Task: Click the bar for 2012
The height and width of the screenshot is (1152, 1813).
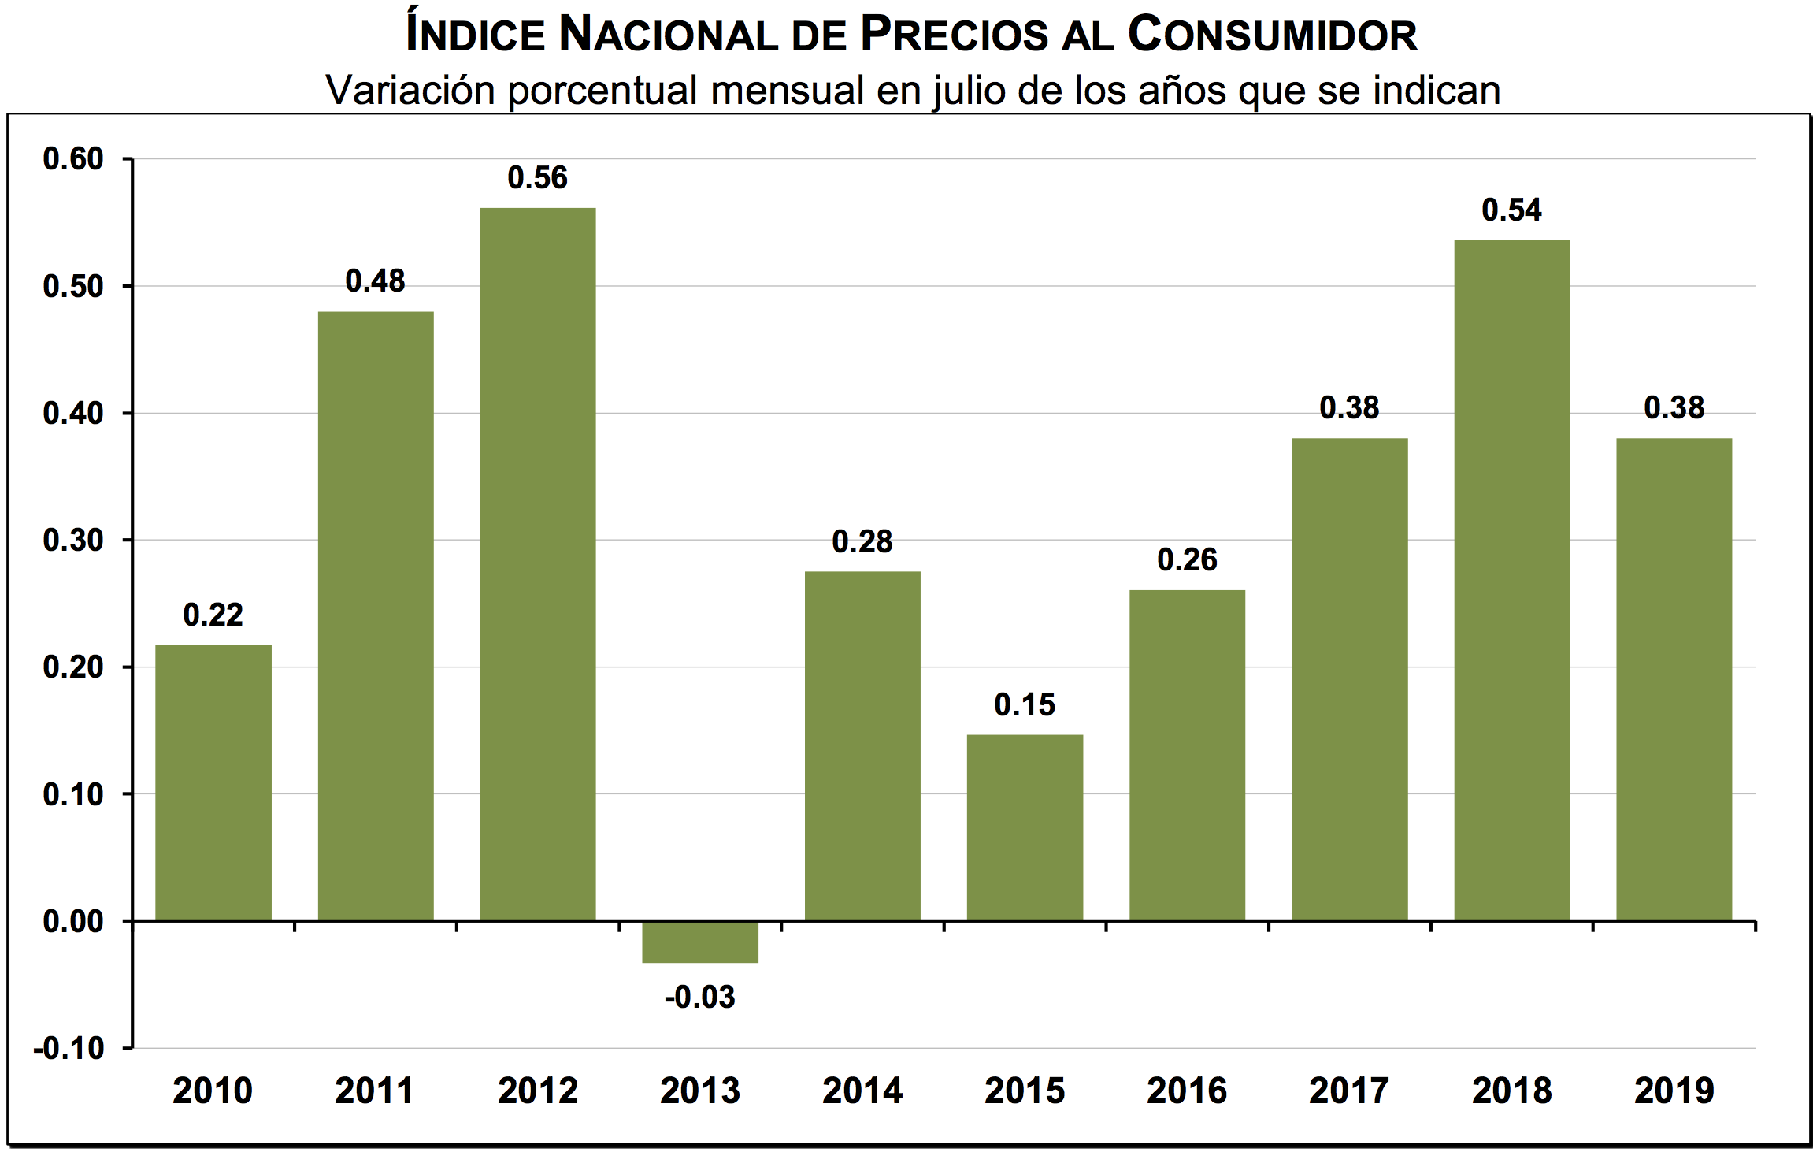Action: (x=538, y=563)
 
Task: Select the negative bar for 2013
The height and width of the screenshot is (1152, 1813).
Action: (x=700, y=942)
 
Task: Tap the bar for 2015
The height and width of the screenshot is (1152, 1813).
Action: (x=1025, y=827)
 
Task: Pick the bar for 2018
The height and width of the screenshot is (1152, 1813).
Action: (x=1511, y=580)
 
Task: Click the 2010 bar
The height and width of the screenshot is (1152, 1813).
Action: (x=213, y=782)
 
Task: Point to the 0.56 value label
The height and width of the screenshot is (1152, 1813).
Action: (x=537, y=178)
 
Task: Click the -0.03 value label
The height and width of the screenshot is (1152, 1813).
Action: (x=700, y=998)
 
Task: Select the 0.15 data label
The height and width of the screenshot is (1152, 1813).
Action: (x=1025, y=705)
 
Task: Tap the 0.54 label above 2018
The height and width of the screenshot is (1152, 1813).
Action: (x=1511, y=210)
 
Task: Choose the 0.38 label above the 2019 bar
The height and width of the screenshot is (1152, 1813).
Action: (x=1674, y=408)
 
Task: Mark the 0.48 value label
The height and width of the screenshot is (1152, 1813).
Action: (x=375, y=281)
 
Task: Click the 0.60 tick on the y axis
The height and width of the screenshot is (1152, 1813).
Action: (x=73, y=159)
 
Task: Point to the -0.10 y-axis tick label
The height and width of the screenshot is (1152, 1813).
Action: (x=69, y=1049)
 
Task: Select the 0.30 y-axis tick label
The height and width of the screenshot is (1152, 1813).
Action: (x=73, y=541)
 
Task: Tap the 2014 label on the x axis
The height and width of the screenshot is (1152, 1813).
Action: (x=862, y=1091)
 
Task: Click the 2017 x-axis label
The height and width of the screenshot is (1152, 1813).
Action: (x=1349, y=1091)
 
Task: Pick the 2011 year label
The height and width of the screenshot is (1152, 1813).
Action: (x=375, y=1091)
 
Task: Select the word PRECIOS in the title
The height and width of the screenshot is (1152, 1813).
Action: (x=954, y=35)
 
